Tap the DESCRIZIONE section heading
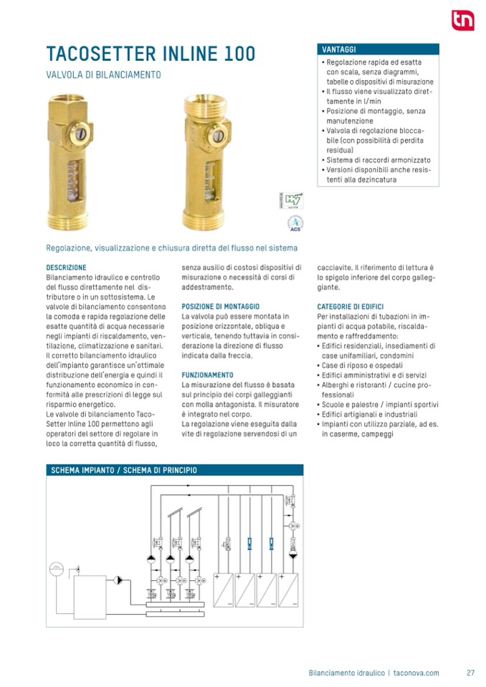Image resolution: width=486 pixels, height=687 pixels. [66, 268]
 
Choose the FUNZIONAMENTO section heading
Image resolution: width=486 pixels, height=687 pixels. [207, 375]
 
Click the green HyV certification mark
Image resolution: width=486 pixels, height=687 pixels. [292, 199]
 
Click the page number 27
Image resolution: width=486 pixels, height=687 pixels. [470, 673]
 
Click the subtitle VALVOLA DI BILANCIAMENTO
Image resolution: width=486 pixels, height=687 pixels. [103, 75]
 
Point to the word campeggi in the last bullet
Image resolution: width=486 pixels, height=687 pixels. [376, 434]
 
